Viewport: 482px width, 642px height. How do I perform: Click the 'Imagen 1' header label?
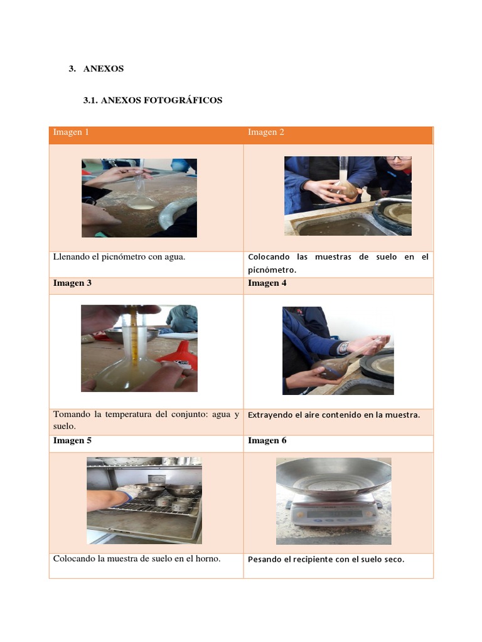pos(71,132)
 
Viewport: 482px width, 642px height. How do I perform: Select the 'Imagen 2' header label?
pos(265,132)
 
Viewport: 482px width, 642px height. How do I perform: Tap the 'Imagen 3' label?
pos(72,283)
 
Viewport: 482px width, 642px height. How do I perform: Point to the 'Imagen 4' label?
pos(267,283)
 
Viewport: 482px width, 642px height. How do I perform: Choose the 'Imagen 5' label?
pos(72,441)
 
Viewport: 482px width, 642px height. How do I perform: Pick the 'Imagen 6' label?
pos(267,441)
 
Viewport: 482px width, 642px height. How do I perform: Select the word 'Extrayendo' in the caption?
pos(269,415)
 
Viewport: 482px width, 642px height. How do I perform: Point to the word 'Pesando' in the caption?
pos(264,559)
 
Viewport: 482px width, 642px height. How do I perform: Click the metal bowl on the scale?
pos(334,478)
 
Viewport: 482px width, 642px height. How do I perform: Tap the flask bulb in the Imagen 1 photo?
pos(142,203)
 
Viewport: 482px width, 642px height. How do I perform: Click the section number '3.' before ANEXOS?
pos(72,69)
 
